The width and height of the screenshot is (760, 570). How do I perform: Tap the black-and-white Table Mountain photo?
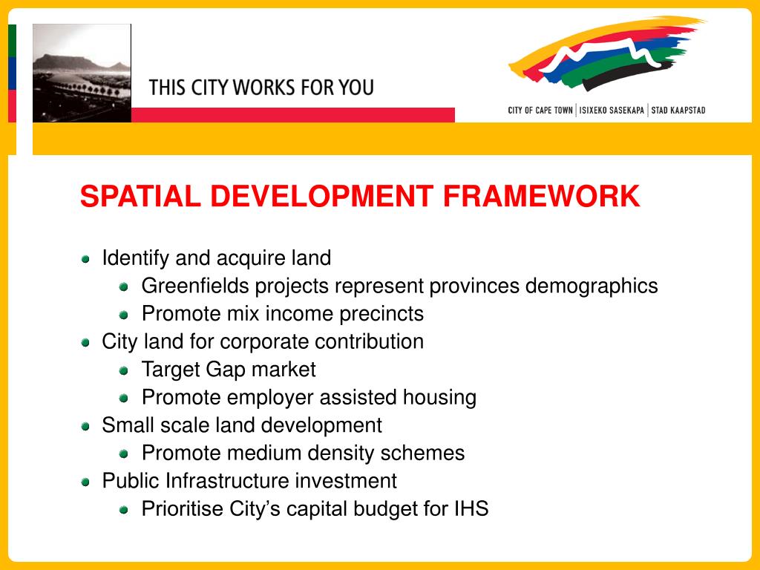(82, 73)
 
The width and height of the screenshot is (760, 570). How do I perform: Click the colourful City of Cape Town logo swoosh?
(605, 56)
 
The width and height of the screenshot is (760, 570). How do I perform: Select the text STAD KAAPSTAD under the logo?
(678, 111)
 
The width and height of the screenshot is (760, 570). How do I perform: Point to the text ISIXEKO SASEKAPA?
(612, 111)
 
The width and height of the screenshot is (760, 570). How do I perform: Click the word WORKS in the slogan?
(263, 88)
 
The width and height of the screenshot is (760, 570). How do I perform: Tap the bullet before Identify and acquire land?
(86, 259)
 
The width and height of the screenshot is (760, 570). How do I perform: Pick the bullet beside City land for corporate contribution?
(86, 342)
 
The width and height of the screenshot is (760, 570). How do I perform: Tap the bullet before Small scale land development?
(86, 426)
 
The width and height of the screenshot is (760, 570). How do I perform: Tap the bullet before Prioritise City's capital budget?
(125, 510)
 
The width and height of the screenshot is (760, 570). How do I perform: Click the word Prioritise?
(178, 509)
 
